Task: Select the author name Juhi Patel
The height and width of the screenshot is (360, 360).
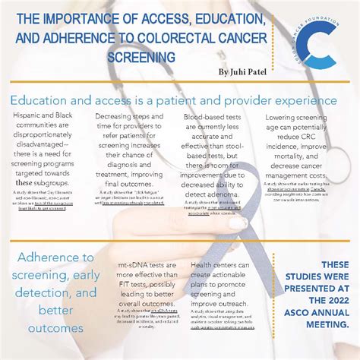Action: [245, 71]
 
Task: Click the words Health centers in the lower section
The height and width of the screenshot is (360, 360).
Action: [214, 265]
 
